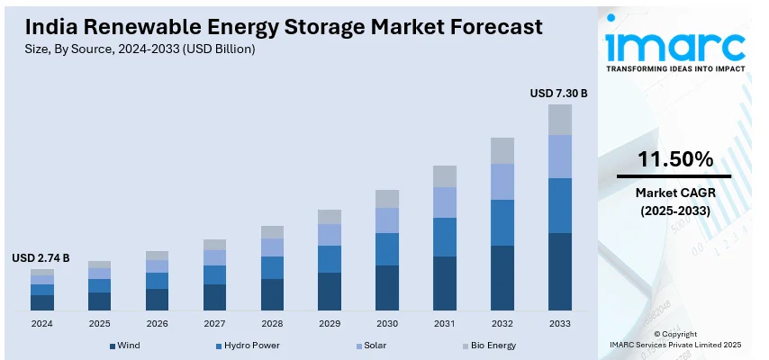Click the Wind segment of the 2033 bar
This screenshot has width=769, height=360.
tap(560, 272)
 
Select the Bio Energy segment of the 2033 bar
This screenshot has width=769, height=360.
tap(560, 120)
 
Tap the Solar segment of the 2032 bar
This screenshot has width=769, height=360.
tap(502, 182)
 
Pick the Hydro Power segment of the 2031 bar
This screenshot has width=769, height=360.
tap(445, 237)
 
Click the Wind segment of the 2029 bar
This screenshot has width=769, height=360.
tap(330, 292)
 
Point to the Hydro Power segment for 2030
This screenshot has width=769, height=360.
tap(387, 249)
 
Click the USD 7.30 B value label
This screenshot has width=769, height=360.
tap(558, 93)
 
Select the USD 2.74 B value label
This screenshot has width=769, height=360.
tap(41, 258)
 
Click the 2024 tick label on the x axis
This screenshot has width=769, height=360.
tap(42, 322)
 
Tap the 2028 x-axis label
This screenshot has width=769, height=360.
tap(272, 322)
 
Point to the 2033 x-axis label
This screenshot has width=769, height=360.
tap(560, 322)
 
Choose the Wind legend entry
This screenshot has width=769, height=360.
tap(125, 345)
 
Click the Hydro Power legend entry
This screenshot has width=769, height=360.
tap(249, 345)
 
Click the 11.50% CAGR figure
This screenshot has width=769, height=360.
tap(674, 160)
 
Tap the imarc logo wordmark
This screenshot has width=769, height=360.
tap(674, 45)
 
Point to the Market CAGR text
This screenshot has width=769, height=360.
tap(674, 193)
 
